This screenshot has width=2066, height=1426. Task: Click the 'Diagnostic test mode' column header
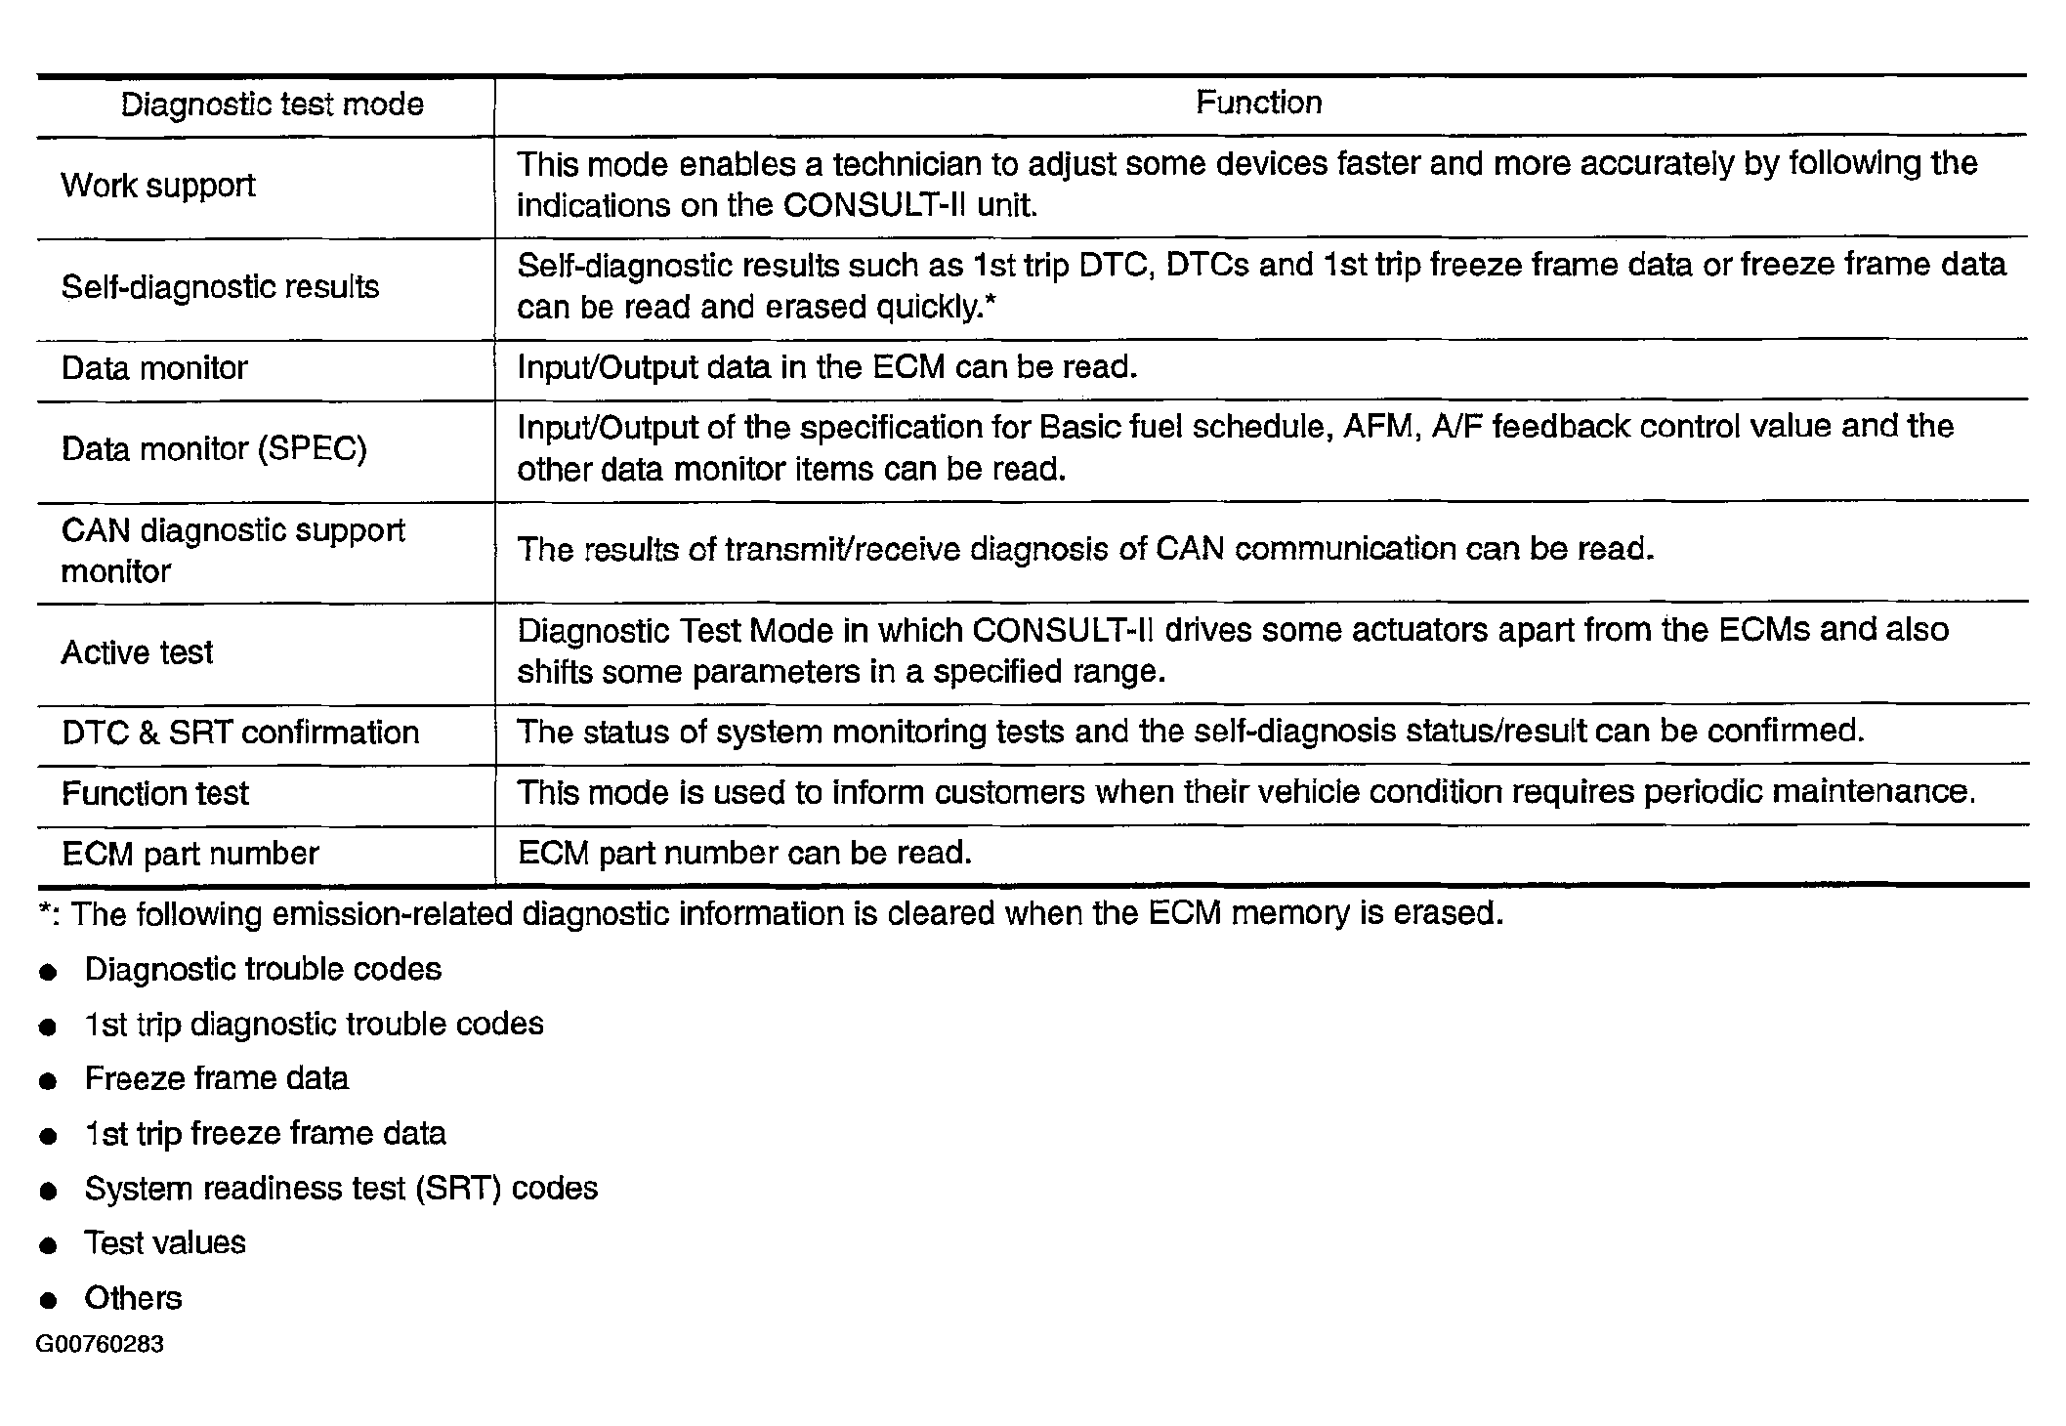coord(272,105)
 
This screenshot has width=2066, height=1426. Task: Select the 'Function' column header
coord(1258,103)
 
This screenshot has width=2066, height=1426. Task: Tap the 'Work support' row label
coord(158,186)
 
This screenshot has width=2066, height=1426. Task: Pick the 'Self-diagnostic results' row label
coord(220,287)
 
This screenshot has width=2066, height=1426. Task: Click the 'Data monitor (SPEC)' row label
coord(214,449)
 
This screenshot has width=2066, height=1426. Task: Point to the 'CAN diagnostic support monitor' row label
coord(232,551)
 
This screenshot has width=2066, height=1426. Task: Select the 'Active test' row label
coord(137,652)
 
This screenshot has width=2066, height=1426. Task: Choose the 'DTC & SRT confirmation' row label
coord(240,733)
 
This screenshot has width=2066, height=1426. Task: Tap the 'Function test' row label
coord(155,793)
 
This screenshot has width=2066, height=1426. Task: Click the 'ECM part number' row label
coord(190,855)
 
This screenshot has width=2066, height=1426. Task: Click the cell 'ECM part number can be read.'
coord(744,854)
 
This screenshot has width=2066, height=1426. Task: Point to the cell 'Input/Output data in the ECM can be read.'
coord(826,368)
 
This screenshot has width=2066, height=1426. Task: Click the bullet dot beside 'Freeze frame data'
coord(48,1081)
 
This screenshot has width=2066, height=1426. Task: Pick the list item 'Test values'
coord(165,1243)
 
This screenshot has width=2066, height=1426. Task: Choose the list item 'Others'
coord(133,1298)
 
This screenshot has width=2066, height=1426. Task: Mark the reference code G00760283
coord(100,1345)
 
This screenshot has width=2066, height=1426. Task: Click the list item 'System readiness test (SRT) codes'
coord(341,1189)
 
